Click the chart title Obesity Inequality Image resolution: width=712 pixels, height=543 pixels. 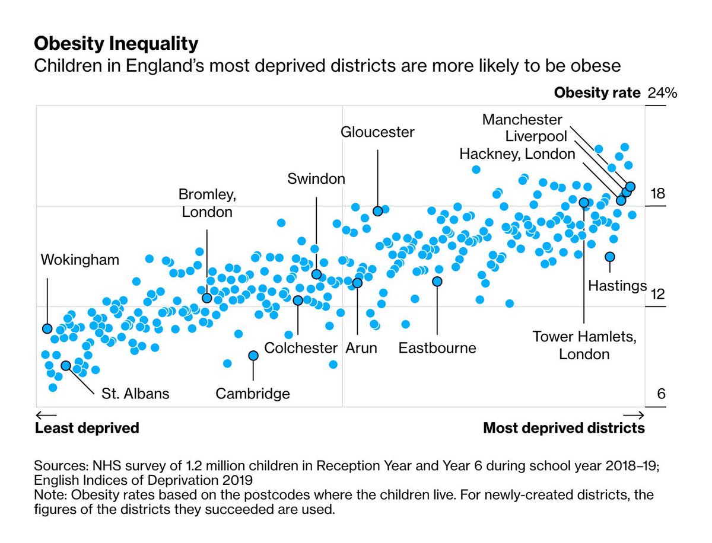pyautogui.click(x=116, y=43)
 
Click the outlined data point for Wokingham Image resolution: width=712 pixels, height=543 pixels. pyautogui.click(x=47, y=328)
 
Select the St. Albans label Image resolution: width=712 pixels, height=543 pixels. pyautogui.click(x=135, y=393)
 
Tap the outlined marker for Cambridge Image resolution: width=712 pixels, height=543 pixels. pyautogui.click(x=253, y=355)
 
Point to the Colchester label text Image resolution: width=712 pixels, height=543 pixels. pyautogui.click(x=301, y=347)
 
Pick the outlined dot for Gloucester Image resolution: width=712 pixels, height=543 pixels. pyautogui.click(x=377, y=211)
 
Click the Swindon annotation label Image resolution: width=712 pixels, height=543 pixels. pyautogui.click(x=316, y=178)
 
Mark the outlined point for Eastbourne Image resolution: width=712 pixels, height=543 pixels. pyautogui.click(x=437, y=282)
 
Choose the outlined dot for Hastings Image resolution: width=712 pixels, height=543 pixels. pyautogui.click(x=609, y=257)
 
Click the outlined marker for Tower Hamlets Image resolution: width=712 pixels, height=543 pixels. pyautogui.click(x=584, y=202)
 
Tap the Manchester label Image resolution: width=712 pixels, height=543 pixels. pyautogui.click(x=522, y=119)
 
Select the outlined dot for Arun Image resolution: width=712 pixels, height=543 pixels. pyautogui.click(x=357, y=283)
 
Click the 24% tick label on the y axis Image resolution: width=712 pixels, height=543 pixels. pyautogui.click(x=662, y=93)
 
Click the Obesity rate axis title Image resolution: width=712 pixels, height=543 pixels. pyautogui.click(x=597, y=93)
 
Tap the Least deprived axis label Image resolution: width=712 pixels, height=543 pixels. pyautogui.click(x=87, y=428)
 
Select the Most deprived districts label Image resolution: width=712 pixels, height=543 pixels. pyautogui.click(x=564, y=428)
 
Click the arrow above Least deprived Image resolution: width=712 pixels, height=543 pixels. pyautogui.click(x=46, y=414)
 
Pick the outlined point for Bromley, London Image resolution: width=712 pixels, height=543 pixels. pyautogui.click(x=206, y=298)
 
